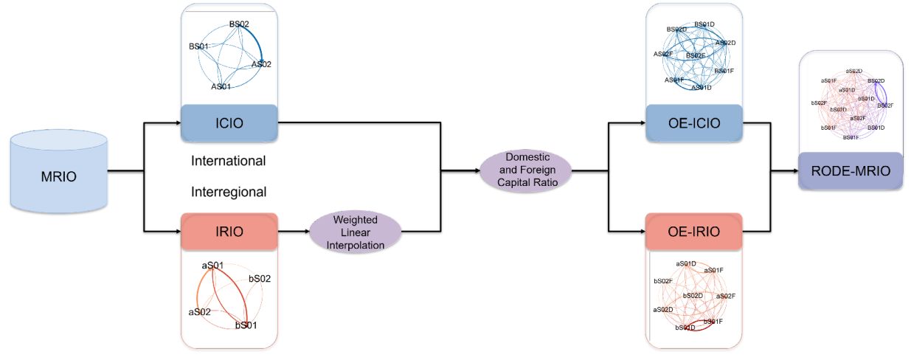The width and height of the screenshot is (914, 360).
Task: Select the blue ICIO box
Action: coord(229,122)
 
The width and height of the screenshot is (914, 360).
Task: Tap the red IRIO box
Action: coord(229,232)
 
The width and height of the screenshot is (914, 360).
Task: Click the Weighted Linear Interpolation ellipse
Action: coord(355,232)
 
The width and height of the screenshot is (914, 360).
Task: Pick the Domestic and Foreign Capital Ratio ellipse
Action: coord(525,171)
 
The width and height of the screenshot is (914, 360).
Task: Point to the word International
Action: coord(229,160)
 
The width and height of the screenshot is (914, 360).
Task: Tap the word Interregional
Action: coord(229,192)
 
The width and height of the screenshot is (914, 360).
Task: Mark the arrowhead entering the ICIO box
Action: coord(176,122)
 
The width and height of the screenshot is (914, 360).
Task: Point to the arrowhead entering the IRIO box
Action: coord(176,232)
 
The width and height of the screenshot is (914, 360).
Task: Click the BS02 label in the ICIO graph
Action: coord(238,24)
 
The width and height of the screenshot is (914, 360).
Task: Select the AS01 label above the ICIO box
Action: coord(221,86)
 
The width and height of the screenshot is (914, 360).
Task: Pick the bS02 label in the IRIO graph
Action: coord(260,278)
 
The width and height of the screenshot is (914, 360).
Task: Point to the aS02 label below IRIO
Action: coord(200,311)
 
